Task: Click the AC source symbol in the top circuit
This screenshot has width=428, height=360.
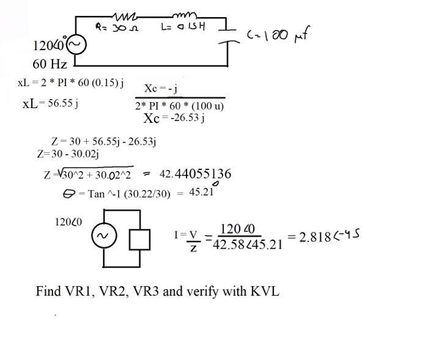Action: click(x=77, y=45)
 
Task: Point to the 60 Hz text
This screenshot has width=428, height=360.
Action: click(x=50, y=64)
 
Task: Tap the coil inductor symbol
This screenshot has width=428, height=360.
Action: click(x=184, y=15)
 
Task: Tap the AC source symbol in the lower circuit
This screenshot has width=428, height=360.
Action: click(x=101, y=237)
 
